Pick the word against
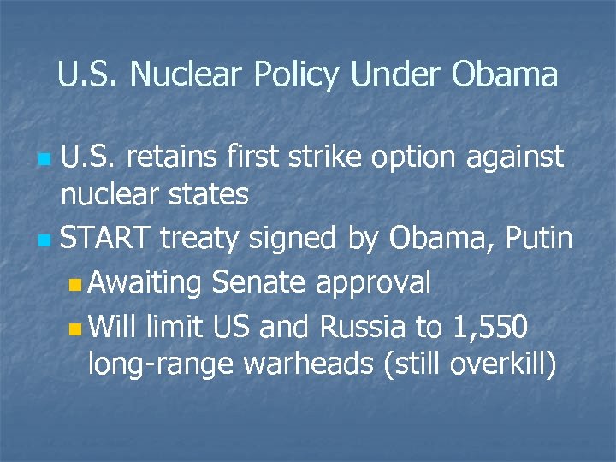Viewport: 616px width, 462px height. [516, 158]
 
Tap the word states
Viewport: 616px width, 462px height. [210, 195]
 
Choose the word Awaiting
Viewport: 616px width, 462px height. [144, 282]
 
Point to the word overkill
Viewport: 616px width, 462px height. [506, 364]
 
